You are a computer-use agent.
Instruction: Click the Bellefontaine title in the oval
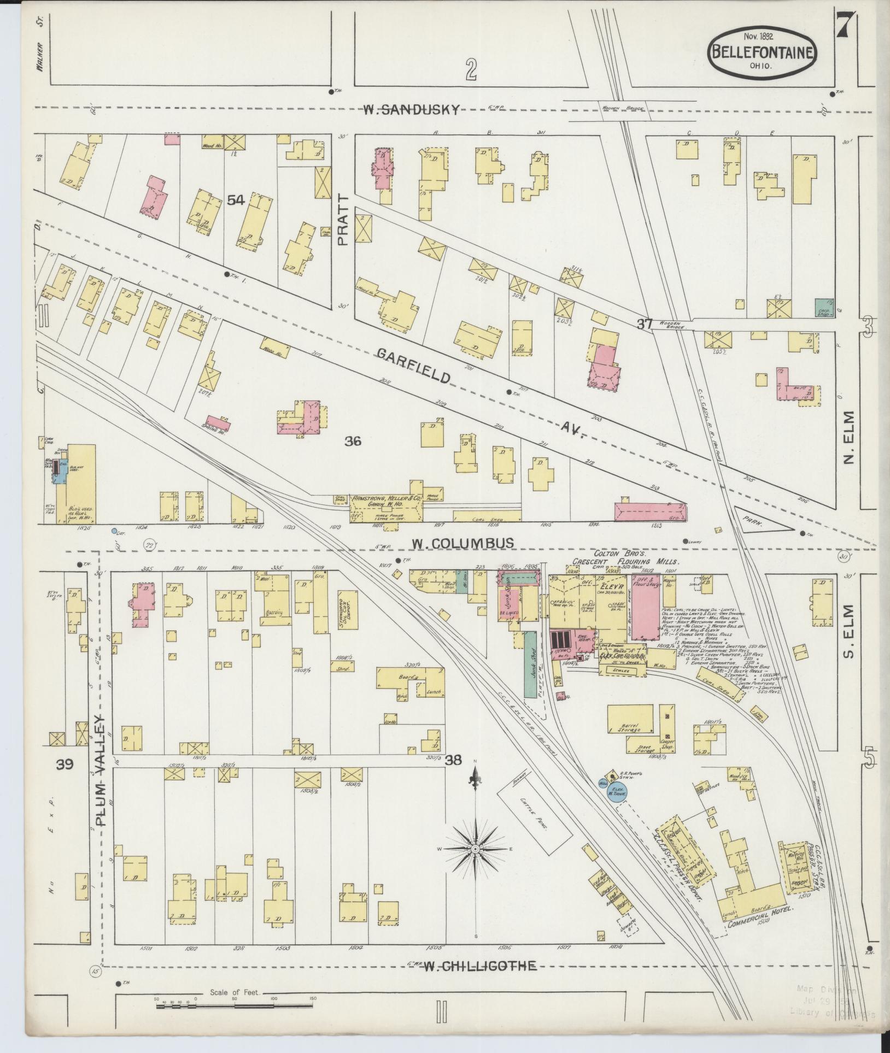click(x=763, y=52)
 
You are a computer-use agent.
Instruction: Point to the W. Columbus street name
click(x=462, y=543)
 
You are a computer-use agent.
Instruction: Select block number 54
click(x=236, y=201)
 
